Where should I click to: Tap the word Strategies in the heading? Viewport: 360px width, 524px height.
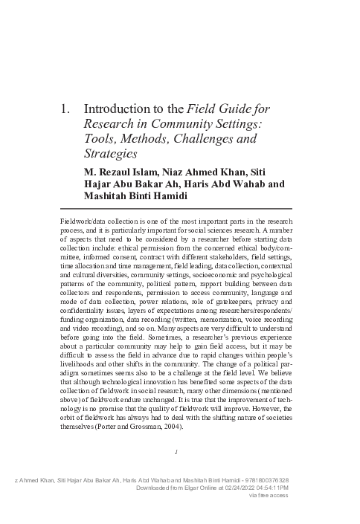click(x=111, y=154)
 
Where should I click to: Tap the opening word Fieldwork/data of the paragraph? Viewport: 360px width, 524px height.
click(x=86, y=221)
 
